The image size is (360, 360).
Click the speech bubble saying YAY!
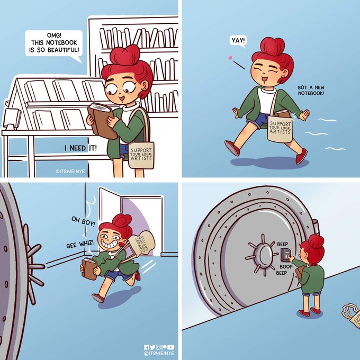tap(238, 41)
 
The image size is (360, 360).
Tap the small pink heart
tap(230, 58)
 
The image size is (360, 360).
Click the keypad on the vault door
tap(285, 255)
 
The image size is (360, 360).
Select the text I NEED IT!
tap(80, 148)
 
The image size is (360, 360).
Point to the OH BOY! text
tap(83, 221)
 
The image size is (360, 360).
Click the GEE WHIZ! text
tap(80, 244)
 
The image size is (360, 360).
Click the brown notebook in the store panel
tap(101, 121)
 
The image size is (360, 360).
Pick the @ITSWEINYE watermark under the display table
tap(70, 172)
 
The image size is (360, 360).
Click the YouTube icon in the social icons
tap(171, 347)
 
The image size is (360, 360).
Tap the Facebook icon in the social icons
tap(147, 347)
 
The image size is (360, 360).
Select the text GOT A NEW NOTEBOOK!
tap(311, 90)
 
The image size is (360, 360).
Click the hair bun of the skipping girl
tap(273, 46)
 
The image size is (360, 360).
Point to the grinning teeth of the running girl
tap(110, 245)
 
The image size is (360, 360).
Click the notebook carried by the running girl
tap(89, 269)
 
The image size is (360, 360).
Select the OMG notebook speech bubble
tap(53, 43)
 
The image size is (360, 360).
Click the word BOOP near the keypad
tap(286, 266)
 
